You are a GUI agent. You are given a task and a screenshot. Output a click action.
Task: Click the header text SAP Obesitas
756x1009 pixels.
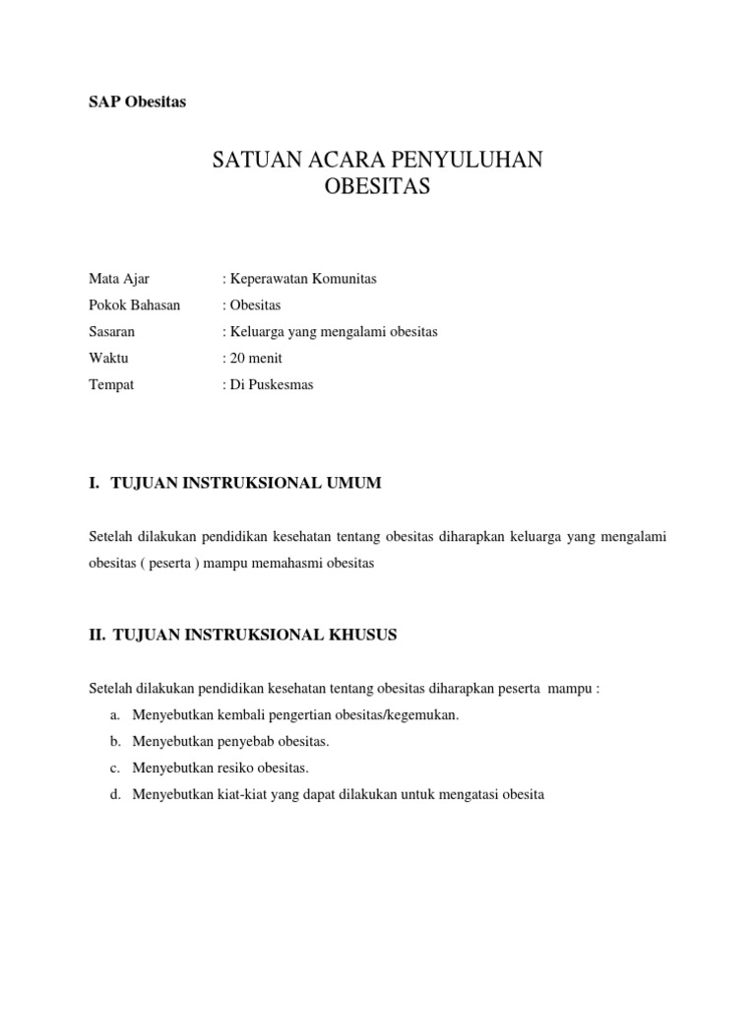[x=137, y=101]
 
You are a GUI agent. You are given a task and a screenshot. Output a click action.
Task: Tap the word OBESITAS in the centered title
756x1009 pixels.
[x=377, y=187]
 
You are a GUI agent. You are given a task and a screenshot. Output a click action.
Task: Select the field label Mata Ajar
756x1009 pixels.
[x=119, y=279]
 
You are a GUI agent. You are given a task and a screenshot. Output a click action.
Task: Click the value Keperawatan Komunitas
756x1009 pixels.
[x=302, y=279]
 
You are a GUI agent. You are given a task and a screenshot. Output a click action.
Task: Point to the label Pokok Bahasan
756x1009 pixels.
[x=135, y=305]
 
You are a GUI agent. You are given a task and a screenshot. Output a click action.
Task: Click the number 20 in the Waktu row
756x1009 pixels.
[x=237, y=359]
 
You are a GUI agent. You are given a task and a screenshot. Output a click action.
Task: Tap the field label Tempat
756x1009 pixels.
[x=111, y=385]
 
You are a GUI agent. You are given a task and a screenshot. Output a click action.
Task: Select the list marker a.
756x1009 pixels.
[x=114, y=715]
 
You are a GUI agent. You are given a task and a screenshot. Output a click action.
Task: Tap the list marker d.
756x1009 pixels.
[x=114, y=794]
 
